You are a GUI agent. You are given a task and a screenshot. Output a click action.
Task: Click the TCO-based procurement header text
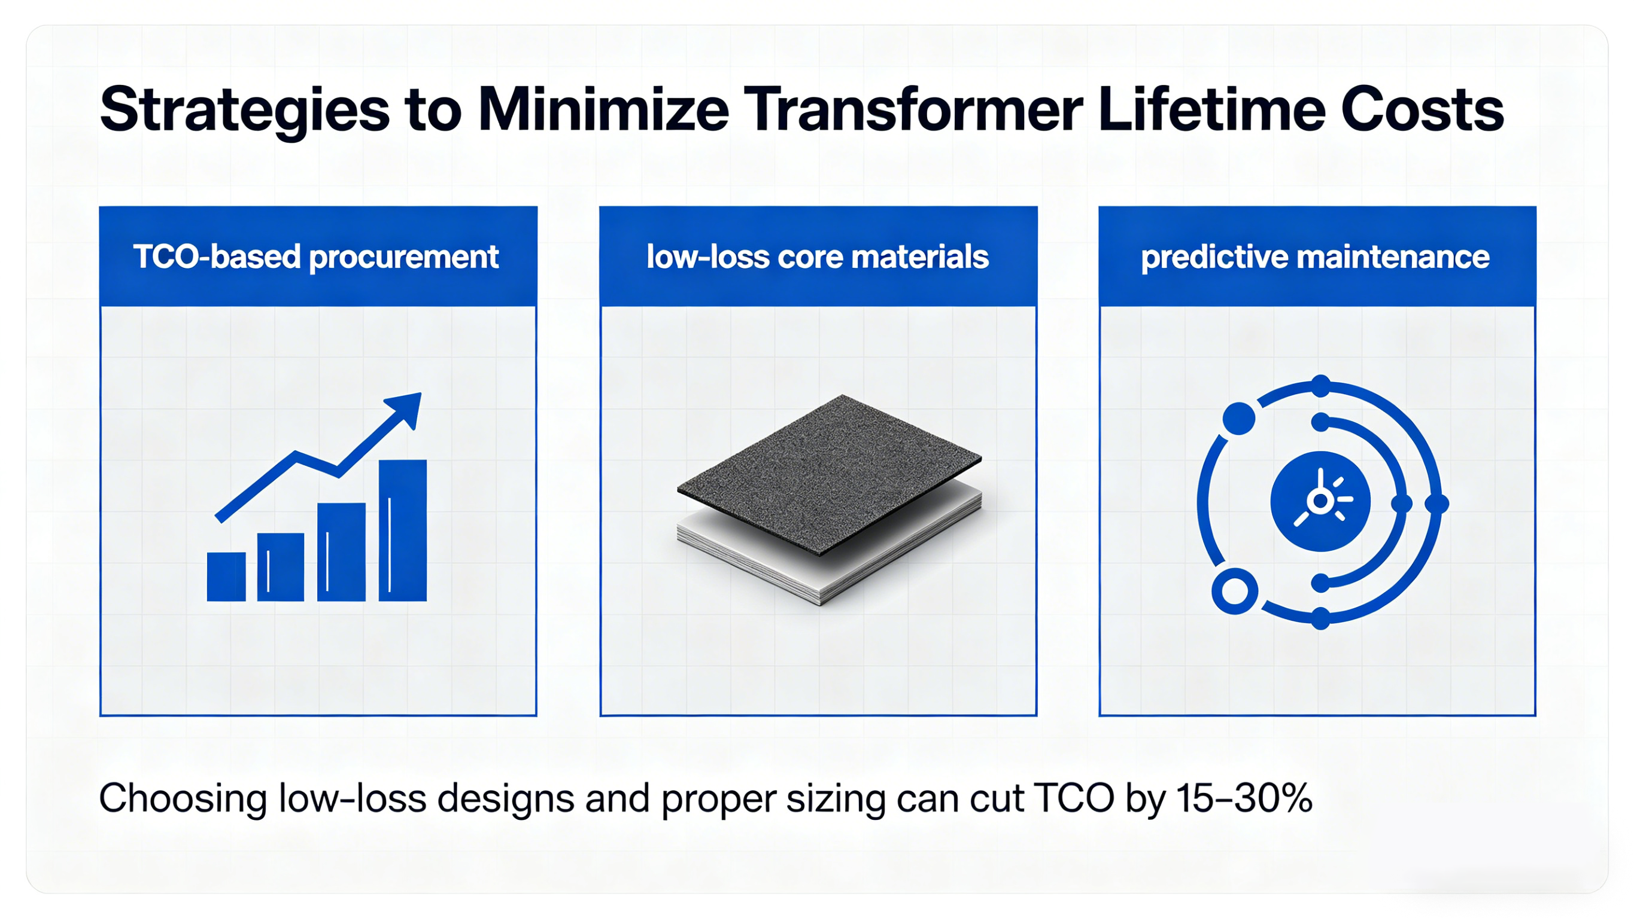coord(316,257)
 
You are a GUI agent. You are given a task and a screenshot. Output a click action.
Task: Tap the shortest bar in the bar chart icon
coord(226,577)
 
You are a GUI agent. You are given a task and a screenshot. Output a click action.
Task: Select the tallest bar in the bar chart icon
coord(402,530)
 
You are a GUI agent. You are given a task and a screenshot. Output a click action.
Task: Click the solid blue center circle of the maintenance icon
coord(1320,501)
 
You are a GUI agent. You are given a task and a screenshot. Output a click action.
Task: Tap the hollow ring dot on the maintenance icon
coord(1234,591)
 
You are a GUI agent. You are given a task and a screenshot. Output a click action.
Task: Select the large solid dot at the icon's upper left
coord(1238,419)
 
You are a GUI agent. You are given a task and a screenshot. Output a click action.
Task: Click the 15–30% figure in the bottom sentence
coord(1243,798)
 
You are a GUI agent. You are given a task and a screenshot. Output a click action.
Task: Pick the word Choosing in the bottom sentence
coord(182,798)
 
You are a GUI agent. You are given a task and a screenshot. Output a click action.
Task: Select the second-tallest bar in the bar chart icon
coord(341,551)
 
